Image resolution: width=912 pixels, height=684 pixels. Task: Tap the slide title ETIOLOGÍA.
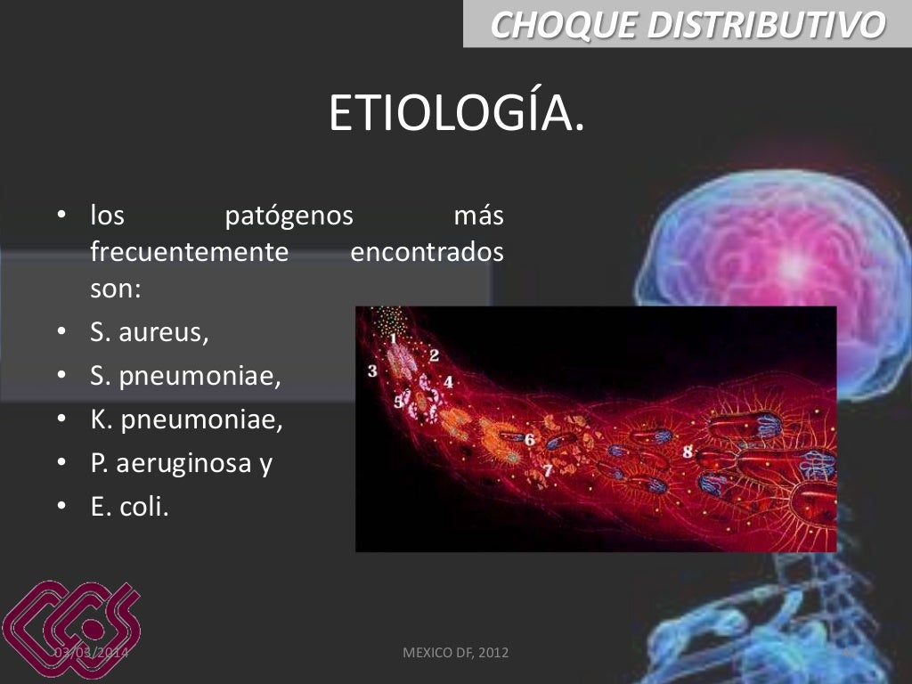[457, 113]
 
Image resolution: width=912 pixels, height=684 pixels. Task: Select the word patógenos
[289, 216]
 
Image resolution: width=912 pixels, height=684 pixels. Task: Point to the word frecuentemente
[190, 252]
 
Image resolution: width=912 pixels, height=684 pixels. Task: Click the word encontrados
[427, 252]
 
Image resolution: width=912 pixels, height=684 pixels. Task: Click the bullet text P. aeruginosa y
[181, 463]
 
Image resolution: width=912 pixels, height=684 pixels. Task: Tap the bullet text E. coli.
[129, 507]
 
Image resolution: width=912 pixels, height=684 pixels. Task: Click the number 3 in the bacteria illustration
[372, 370]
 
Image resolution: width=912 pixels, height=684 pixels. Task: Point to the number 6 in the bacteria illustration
[529, 439]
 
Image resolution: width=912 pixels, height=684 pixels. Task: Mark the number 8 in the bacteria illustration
[688, 452]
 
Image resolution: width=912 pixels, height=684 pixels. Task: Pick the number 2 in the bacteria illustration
[434, 355]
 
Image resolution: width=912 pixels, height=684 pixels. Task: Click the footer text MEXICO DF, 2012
[456, 653]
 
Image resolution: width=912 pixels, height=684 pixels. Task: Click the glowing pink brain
[775, 258]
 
